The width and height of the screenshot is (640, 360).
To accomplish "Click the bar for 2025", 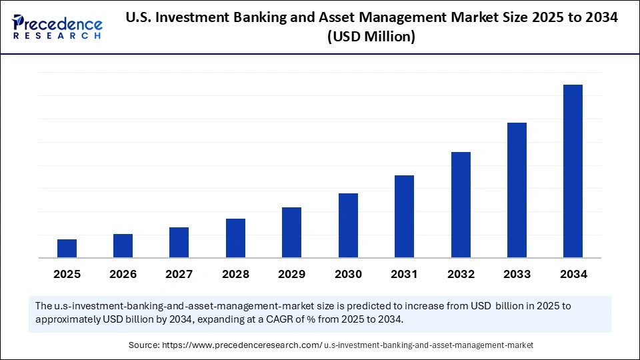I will [67, 248].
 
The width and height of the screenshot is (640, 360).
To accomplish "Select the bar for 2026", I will [123, 245].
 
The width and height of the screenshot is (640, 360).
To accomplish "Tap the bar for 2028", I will [235, 238].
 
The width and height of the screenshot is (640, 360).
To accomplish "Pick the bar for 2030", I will [348, 225].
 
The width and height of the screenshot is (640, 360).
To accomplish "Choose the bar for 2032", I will [461, 205].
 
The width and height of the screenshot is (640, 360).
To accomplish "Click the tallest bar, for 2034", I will [573, 171].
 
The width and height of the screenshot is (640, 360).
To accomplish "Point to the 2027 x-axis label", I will [179, 274].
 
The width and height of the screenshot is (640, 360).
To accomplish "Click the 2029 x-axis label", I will [292, 274].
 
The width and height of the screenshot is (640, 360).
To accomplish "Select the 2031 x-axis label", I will [404, 274].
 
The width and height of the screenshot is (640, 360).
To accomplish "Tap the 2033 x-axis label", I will [517, 274].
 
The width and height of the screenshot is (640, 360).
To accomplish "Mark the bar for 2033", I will [517, 190].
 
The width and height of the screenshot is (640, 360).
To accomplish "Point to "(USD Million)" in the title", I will [371, 37].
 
